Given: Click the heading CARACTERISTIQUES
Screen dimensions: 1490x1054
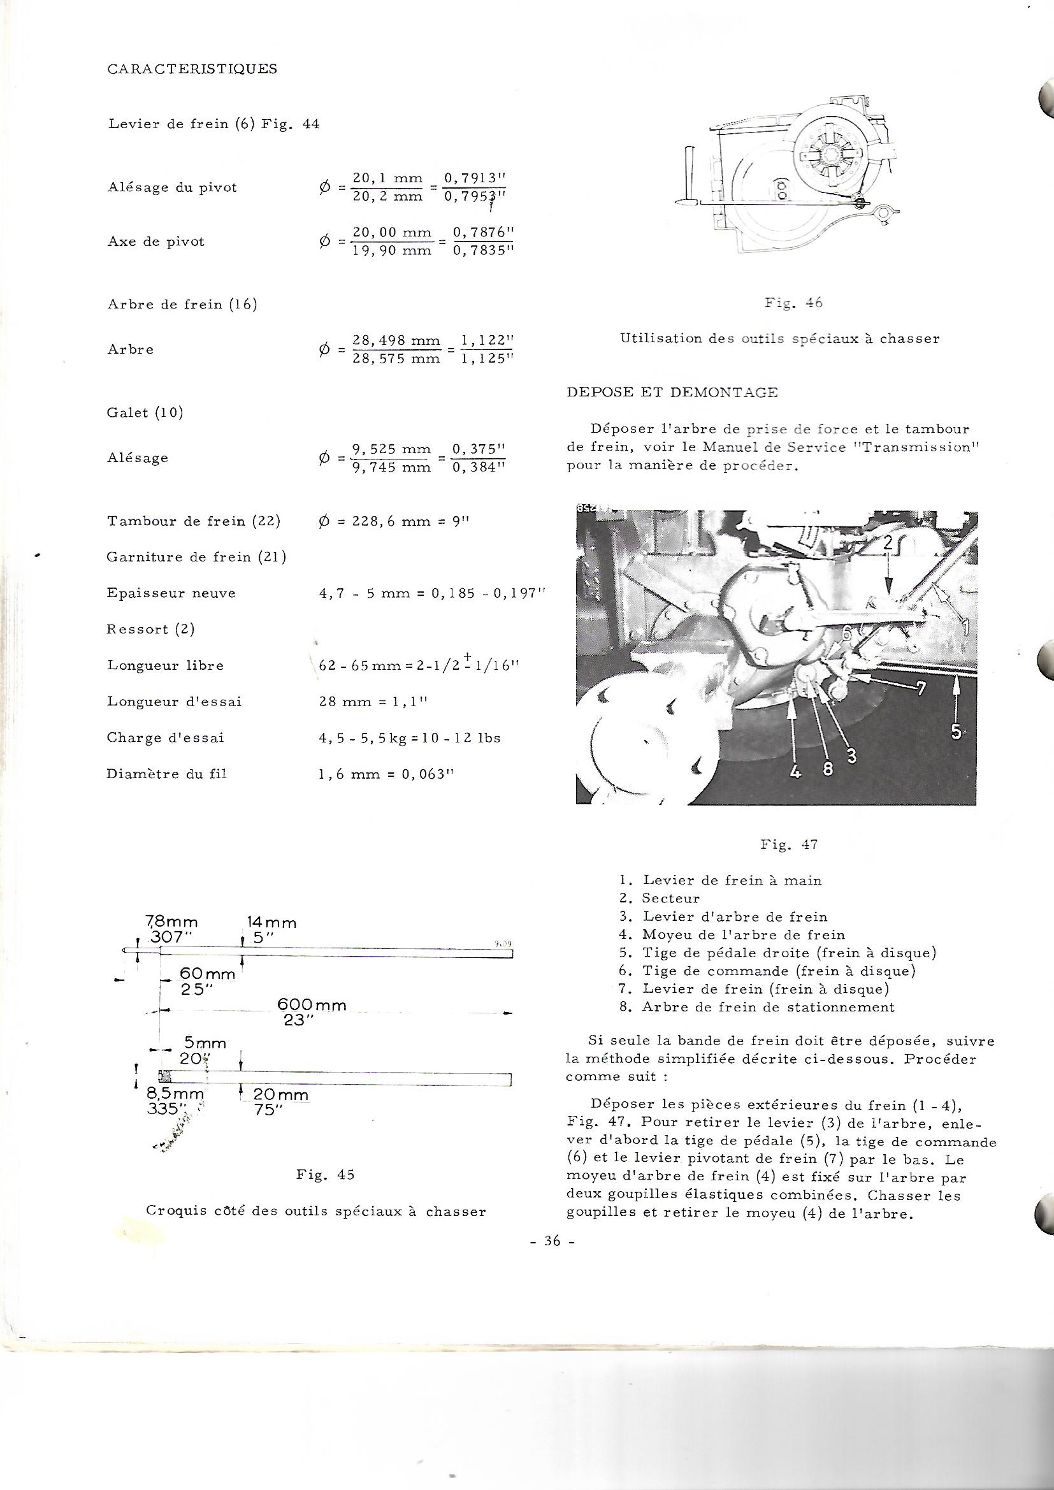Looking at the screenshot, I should pyautogui.click(x=192, y=69).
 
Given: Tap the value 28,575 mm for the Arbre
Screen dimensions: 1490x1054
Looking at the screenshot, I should pyautogui.click(x=395, y=358).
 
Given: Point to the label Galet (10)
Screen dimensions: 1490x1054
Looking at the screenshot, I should pyautogui.click(x=145, y=413).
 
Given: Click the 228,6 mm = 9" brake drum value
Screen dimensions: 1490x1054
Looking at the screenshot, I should pyautogui.click(x=393, y=521).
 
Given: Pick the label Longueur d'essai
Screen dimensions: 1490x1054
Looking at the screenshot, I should pyautogui.click(x=174, y=702).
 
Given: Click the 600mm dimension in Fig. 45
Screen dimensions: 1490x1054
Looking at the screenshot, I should pyautogui.click(x=312, y=1005).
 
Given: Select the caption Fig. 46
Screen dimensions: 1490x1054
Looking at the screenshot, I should pyautogui.click(x=793, y=303).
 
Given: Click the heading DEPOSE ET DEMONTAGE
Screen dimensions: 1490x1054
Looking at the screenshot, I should pyautogui.click(x=672, y=393).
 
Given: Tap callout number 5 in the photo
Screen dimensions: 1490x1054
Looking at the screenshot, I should pyautogui.click(x=957, y=732).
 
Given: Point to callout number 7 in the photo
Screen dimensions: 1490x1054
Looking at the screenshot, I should pyautogui.click(x=920, y=688).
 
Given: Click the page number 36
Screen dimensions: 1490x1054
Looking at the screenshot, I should pyautogui.click(x=552, y=1241).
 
